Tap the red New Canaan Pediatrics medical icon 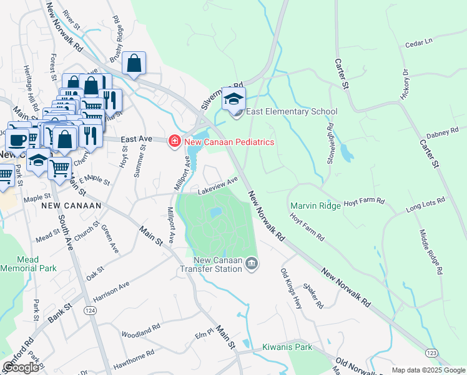[x=175, y=142]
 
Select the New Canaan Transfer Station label [x=217, y=265]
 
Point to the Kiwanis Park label [x=287, y=346]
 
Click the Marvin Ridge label [x=315, y=206]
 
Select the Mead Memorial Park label [x=28, y=262]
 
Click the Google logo [x=21, y=367]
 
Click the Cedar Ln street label [x=418, y=43]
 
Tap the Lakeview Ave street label [x=218, y=184]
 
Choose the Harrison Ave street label [x=111, y=288]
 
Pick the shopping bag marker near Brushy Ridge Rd [x=134, y=64]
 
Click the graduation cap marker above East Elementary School [x=234, y=99]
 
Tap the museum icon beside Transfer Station [x=252, y=264]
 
